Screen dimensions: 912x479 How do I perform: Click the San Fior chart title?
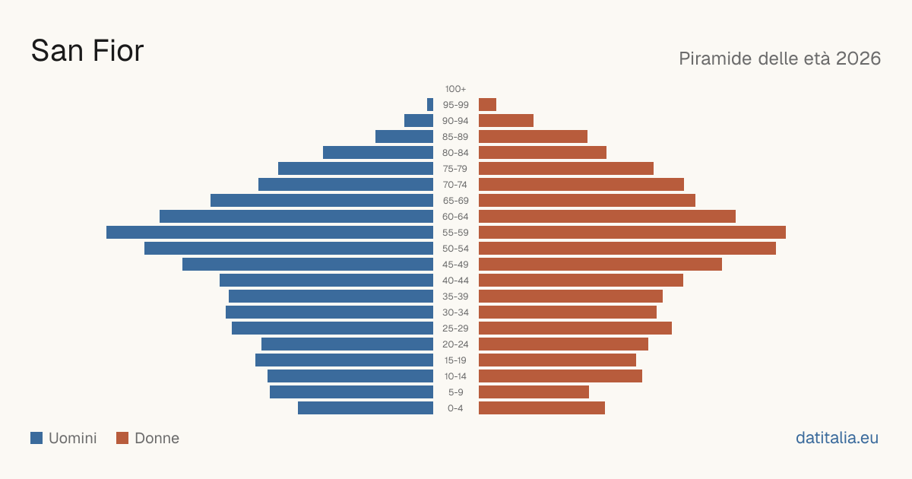87,51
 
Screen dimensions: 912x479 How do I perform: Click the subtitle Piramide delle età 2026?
780,59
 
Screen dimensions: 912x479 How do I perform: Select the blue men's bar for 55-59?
270,232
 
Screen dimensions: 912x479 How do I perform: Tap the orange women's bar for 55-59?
632,232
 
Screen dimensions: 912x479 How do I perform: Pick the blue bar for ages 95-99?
430,105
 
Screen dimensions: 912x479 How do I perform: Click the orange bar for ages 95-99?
487,105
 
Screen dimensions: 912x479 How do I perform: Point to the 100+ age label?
455,89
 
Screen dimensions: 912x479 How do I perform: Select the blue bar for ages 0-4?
366,408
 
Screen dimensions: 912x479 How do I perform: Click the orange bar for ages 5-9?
534,392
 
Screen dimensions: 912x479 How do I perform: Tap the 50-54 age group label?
455,249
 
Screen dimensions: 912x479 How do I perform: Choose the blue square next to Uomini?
36,438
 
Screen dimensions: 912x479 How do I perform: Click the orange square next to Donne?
122,438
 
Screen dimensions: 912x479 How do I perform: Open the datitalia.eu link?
837,438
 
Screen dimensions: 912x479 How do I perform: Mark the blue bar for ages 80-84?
378,152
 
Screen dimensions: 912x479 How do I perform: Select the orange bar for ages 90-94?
506,121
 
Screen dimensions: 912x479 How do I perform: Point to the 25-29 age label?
455,328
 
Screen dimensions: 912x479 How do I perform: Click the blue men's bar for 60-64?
296,216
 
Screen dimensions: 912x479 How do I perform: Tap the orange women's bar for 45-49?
600,265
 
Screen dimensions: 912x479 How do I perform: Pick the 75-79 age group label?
455,169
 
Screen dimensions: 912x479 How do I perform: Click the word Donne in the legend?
157,438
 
